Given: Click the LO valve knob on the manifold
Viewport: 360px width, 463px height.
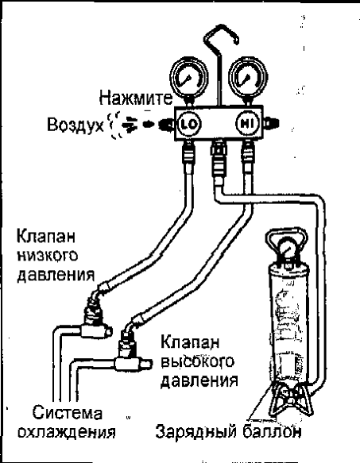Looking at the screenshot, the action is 188,124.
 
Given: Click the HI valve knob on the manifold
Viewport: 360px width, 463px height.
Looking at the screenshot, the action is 247,123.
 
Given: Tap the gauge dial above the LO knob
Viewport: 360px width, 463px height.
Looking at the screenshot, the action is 188,78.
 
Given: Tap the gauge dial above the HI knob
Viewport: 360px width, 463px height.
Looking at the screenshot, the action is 248,77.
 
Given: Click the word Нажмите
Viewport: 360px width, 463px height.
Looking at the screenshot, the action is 136,98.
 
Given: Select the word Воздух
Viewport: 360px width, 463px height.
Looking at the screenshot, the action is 75,125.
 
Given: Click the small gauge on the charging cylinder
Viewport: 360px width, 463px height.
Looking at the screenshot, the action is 286,252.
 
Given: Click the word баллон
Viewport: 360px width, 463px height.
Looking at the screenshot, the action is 273,432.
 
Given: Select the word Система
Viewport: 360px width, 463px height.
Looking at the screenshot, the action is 68,412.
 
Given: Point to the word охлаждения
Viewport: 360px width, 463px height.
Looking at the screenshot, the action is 67,433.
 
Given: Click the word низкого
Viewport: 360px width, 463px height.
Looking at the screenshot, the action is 48,257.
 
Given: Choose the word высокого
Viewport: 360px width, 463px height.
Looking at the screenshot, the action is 197,361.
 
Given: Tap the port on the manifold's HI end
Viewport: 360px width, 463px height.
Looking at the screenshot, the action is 270,123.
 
